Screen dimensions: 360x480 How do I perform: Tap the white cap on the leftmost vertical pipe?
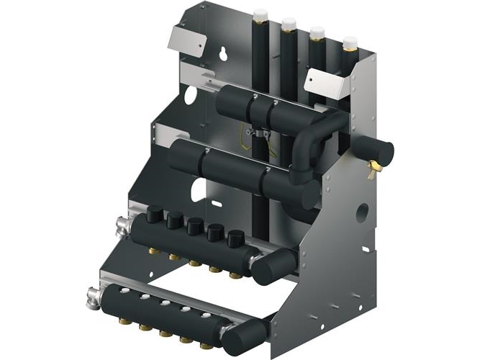coord(261,14)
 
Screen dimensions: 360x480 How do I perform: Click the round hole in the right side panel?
coord(363,212)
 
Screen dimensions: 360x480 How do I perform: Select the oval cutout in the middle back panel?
coord(199,190)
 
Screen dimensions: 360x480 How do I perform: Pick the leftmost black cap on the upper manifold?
coord(155,214)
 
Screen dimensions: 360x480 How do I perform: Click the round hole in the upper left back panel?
coord(190,94)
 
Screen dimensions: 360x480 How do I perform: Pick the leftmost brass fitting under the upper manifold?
coord(153,251)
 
